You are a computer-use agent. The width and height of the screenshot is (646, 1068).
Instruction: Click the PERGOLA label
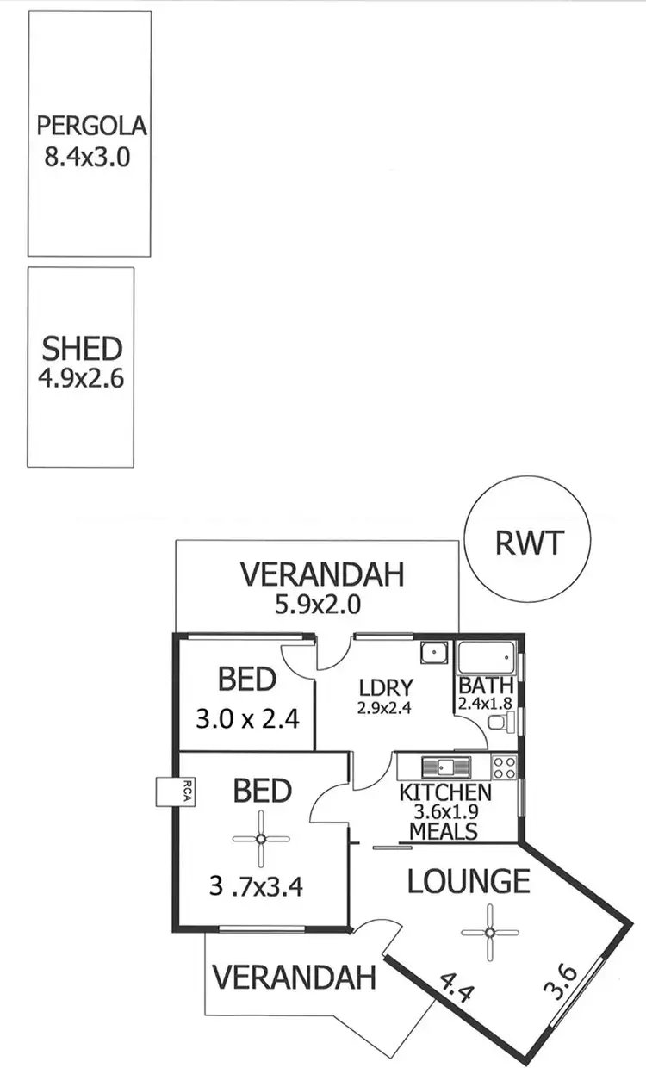pos(91,127)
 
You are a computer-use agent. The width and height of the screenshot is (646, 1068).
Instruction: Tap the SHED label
pos(82,349)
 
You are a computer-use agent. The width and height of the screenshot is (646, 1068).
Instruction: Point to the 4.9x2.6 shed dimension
pos(82,378)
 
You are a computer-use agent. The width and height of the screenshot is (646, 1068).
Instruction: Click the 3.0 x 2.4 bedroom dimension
pos(246,718)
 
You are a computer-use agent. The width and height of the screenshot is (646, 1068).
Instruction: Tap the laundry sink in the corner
pos(433,654)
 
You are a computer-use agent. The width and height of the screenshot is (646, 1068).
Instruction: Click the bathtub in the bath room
pos(488,659)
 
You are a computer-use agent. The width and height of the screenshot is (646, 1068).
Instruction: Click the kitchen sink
pos(444,766)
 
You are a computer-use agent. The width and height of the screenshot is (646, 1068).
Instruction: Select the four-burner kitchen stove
pos(504,767)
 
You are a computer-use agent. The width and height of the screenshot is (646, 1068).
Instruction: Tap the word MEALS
pos(444,831)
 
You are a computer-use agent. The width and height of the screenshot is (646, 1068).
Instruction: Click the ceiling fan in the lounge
pos(490,931)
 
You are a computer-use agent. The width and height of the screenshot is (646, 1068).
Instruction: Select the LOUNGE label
pos(469,881)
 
